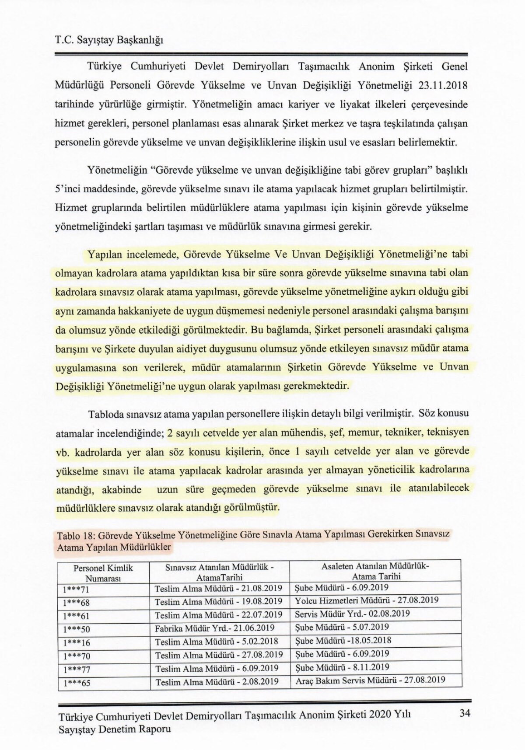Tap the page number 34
pos(465,713)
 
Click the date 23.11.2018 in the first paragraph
pos(442,85)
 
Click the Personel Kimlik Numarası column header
pos(103,573)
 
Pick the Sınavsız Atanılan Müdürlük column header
pos(219,572)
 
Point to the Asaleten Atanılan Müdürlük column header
pos(375,571)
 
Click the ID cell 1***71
pos(76,589)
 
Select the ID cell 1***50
pos(76,629)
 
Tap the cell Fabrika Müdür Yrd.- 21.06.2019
pos(214,628)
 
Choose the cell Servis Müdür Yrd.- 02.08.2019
pos(352,614)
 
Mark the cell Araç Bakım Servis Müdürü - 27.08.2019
pos(370,680)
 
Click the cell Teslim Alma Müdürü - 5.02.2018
pos(217,642)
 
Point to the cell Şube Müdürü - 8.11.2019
pos(342,667)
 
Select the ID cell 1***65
pos(76,683)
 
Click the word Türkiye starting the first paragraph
pos(105,66)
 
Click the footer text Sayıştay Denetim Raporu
pos(115,729)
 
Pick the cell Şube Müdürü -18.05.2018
pos(343,641)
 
